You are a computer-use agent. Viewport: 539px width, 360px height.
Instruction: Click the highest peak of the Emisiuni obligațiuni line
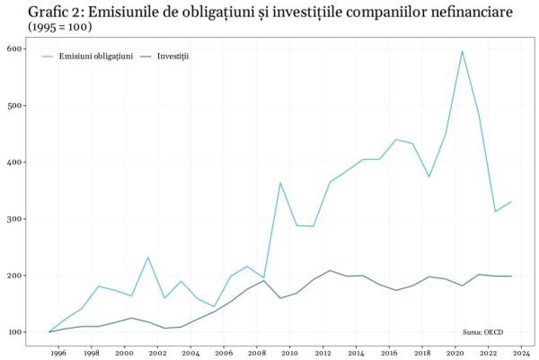coord(462,51)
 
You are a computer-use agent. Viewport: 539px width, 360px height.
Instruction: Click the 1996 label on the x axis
coord(57,354)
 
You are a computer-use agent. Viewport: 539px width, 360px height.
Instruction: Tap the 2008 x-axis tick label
coord(257,354)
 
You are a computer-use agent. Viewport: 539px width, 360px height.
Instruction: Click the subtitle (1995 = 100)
coord(60,27)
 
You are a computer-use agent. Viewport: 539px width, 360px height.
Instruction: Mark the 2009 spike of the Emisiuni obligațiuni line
coord(280,183)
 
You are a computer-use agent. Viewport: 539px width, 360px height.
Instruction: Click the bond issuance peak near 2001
coord(148,258)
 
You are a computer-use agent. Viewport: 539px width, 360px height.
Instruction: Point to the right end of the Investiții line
coord(511,277)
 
